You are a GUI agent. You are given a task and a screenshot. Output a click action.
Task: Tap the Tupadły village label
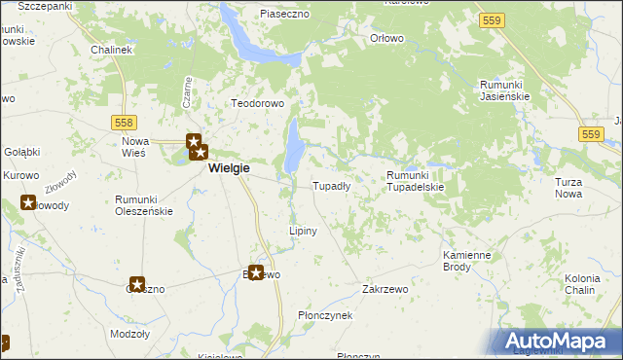(x=331, y=186)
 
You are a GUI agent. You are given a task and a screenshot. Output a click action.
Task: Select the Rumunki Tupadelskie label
(x=415, y=180)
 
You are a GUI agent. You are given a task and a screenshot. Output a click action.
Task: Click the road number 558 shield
(x=123, y=122)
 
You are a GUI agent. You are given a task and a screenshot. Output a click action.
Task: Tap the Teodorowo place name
(x=256, y=103)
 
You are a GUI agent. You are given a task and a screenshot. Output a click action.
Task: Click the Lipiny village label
(x=304, y=231)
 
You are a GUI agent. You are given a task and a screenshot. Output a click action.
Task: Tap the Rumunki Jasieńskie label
(x=503, y=90)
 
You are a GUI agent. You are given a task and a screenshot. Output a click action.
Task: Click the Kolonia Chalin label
(x=582, y=284)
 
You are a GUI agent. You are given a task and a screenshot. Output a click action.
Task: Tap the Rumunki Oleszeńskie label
(x=144, y=204)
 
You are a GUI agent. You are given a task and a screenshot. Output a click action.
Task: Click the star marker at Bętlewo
(x=257, y=273)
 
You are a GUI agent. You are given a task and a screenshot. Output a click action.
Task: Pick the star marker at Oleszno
(x=137, y=285)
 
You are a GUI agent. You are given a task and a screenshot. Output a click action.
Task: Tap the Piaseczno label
(x=284, y=15)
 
